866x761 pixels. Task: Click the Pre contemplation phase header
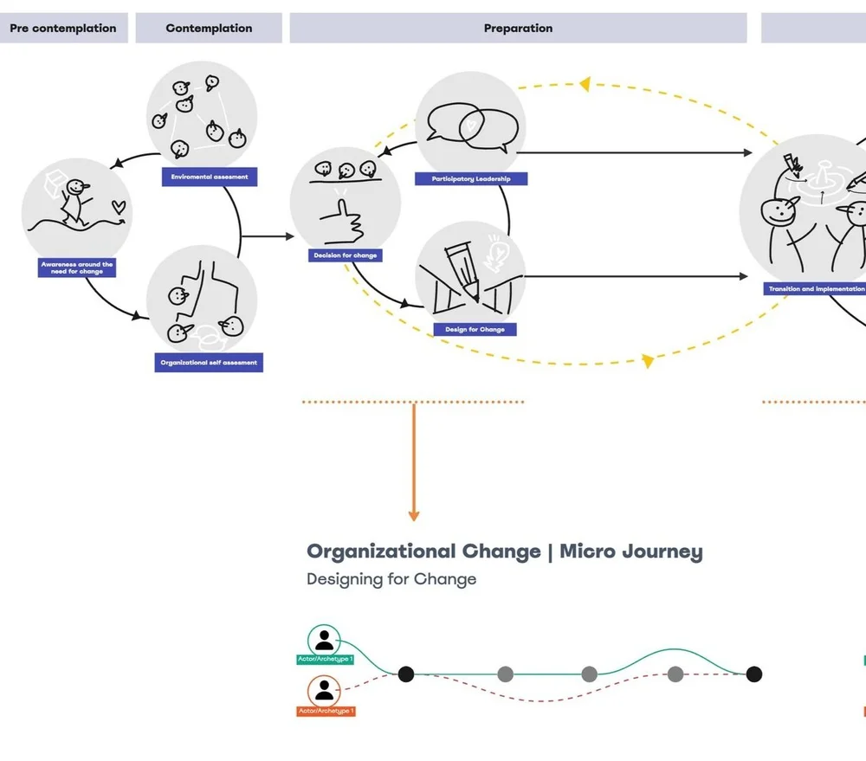(x=63, y=29)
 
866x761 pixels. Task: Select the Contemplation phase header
(x=209, y=29)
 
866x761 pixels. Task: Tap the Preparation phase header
(x=518, y=29)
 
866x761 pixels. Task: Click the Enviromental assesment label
(x=210, y=177)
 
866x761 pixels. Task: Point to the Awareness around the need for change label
(x=77, y=268)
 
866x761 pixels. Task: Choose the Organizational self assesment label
(x=209, y=363)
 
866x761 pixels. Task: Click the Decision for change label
(x=345, y=255)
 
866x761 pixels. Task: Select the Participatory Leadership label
(x=471, y=179)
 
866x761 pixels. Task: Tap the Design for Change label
(x=475, y=329)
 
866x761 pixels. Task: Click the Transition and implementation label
(x=815, y=289)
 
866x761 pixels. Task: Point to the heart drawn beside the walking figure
(x=120, y=207)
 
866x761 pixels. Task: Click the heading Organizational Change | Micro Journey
(x=504, y=551)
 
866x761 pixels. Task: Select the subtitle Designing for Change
(x=391, y=579)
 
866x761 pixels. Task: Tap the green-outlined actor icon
(x=324, y=641)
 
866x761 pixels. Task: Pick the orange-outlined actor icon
(x=324, y=691)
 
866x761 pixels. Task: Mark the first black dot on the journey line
(x=405, y=674)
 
